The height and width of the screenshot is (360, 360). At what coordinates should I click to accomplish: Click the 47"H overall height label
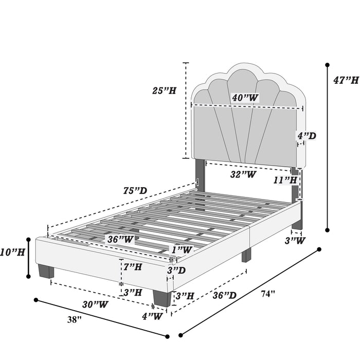coord(346,80)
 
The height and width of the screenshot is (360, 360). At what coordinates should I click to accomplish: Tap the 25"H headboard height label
coord(164,91)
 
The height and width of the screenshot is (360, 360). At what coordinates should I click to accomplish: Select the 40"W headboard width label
coord(245,98)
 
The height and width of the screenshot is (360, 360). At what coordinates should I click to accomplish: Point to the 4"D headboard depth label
coord(307,136)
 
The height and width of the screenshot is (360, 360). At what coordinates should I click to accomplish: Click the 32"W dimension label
coord(243,174)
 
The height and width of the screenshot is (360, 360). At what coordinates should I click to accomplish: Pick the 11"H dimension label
coord(285,180)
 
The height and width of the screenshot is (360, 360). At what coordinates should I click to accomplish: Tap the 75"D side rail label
coord(135,190)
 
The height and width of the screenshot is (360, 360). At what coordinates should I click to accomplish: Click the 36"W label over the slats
coord(120,240)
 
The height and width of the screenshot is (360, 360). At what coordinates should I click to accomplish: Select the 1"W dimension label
coord(182,249)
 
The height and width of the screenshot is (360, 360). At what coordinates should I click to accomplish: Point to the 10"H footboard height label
coord(12,253)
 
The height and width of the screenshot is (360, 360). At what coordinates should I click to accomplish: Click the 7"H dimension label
coord(133,267)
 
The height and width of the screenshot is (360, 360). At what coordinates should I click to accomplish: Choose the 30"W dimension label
coord(95,304)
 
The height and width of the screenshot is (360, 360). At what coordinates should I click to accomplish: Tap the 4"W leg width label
coord(152,316)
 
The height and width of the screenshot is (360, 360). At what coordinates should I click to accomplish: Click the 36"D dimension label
coord(224,295)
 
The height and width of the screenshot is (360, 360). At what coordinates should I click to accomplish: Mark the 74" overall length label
coord(268,294)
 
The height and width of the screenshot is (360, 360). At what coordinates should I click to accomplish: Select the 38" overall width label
coord(75,319)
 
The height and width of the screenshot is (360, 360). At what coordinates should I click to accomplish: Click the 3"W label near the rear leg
coord(295,241)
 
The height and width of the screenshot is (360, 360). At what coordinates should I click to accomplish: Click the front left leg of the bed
coord(46,271)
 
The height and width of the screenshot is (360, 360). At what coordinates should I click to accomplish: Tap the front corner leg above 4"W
coord(162,298)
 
